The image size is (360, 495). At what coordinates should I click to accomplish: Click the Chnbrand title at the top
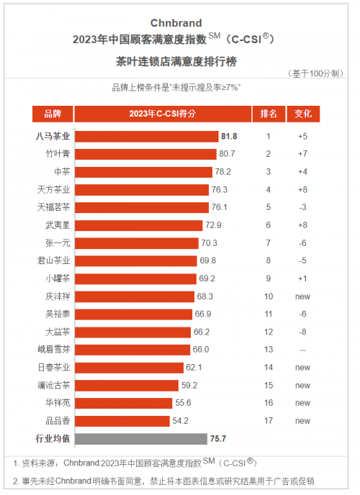[176, 23]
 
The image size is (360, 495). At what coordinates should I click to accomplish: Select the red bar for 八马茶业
[147, 137]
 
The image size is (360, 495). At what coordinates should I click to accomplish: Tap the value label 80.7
[227, 154]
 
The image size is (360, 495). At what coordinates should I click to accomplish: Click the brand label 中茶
[62, 172]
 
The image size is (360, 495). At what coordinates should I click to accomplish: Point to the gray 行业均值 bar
[141, 439]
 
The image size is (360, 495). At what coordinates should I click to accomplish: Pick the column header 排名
[269, 114]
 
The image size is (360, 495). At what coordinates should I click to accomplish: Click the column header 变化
[303, 114]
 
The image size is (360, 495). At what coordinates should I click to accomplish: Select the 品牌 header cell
[53, 114]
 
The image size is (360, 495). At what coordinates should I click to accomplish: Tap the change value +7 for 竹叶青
[302, 154]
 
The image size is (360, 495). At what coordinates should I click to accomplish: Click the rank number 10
[269, 296]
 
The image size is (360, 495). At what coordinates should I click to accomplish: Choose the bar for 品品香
[122, 421]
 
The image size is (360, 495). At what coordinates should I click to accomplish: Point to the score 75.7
[218, 439]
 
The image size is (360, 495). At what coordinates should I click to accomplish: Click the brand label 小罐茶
[58, 278]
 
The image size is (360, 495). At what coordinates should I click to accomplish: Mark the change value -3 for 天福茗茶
[302, 207]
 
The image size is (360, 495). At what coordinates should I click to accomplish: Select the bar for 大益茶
[132, 332]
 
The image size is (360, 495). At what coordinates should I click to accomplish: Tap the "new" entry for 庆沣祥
[302, 296]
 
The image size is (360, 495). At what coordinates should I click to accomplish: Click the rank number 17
[269, 421]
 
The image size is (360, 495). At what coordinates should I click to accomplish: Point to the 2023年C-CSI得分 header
[163, 114]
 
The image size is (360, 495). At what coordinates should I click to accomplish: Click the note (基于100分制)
[315, 73]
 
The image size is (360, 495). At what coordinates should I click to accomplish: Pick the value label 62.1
[194, 368]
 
